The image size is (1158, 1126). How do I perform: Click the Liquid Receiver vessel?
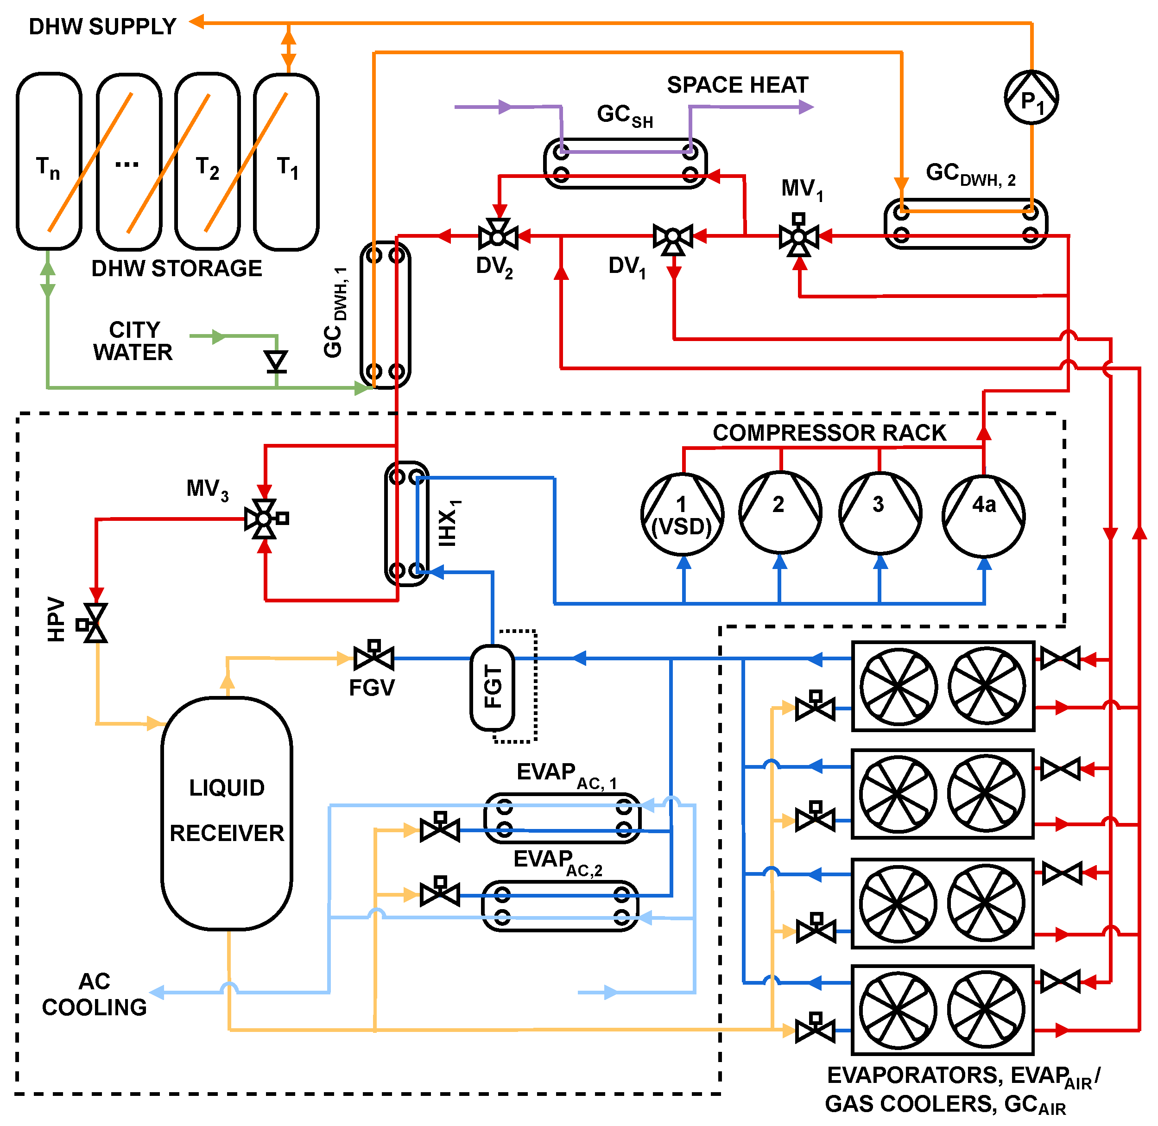click(x=227, y=813)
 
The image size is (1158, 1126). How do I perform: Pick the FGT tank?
click(x=492, y=687)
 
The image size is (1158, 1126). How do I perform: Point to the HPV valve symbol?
click(x=95, y=623)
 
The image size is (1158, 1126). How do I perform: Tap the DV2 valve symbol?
click(x=498, y=237)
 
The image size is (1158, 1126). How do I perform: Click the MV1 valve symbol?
click(x=798, y=237)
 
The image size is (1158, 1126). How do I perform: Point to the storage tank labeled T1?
click(x=286, y=161)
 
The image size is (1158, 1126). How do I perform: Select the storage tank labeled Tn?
click(x=49, y=161)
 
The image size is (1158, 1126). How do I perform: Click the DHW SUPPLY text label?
click(x=102, y=26)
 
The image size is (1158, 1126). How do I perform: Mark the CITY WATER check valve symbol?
click(x=276, y=361)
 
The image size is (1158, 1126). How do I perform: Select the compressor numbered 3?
click(x=880, y=513)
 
